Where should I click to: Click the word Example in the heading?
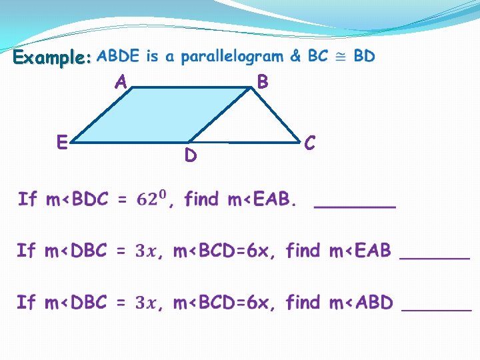(x=50, y=58)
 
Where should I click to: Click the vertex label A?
(x=121, y=82)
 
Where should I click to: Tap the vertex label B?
(x=263, y=82)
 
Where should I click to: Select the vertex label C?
(x=309, y=143)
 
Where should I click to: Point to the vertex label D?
(x=191, y=156)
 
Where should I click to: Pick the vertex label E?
(x=61, y=142)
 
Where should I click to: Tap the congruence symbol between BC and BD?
(x=341, y=57)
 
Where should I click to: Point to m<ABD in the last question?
(x=360, y=303)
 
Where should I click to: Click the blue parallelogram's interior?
(x=147, y=117)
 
